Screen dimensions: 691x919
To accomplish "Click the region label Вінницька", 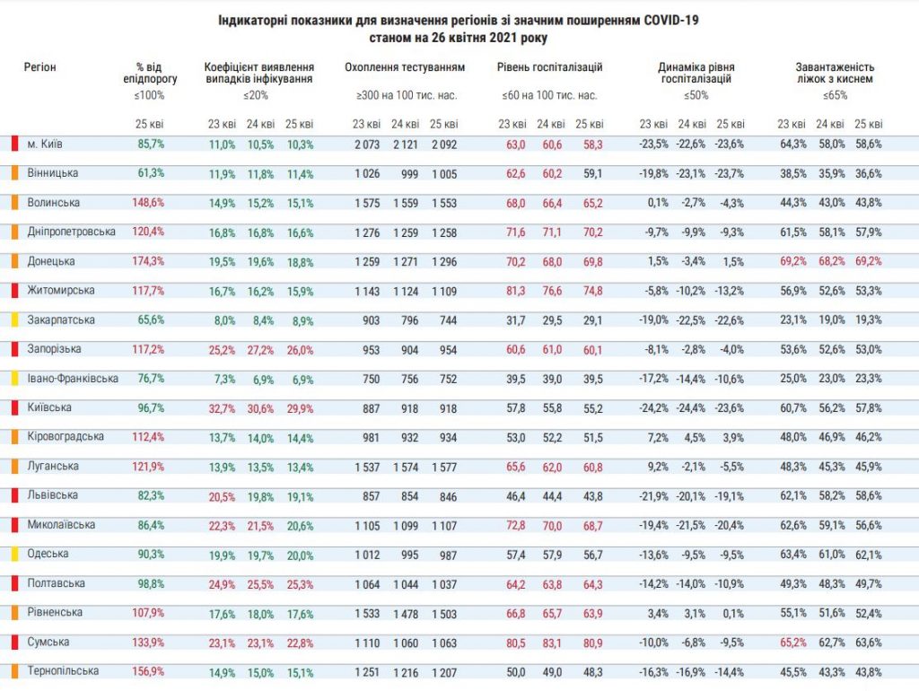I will click(x=52, y=172).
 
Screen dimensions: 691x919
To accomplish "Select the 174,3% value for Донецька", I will click(x=149, y=262).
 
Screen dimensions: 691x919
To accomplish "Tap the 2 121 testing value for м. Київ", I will click(x=405, y=144).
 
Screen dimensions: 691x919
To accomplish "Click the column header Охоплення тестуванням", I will click(x=405, y=67).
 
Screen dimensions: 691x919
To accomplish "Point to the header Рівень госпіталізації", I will click(x=549, y=67).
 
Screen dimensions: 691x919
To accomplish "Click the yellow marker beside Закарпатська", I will click(x=14, y=320).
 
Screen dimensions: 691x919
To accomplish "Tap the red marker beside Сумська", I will click(x=14, y=643).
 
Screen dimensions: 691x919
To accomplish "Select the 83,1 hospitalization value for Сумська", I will click(x=551, y=643).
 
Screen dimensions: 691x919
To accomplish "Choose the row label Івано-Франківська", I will click(x=72, y=379).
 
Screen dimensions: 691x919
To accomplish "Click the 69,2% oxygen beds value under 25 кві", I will click(x=868, y=262).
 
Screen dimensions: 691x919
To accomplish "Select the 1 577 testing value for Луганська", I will click(x=442, y=468).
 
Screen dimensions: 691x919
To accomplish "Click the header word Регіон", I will click(x=40, y=67).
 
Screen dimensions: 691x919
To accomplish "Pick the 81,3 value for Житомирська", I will click(x=514, y=291).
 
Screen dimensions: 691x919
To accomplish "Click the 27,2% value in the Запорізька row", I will click(x=260, y=350).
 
